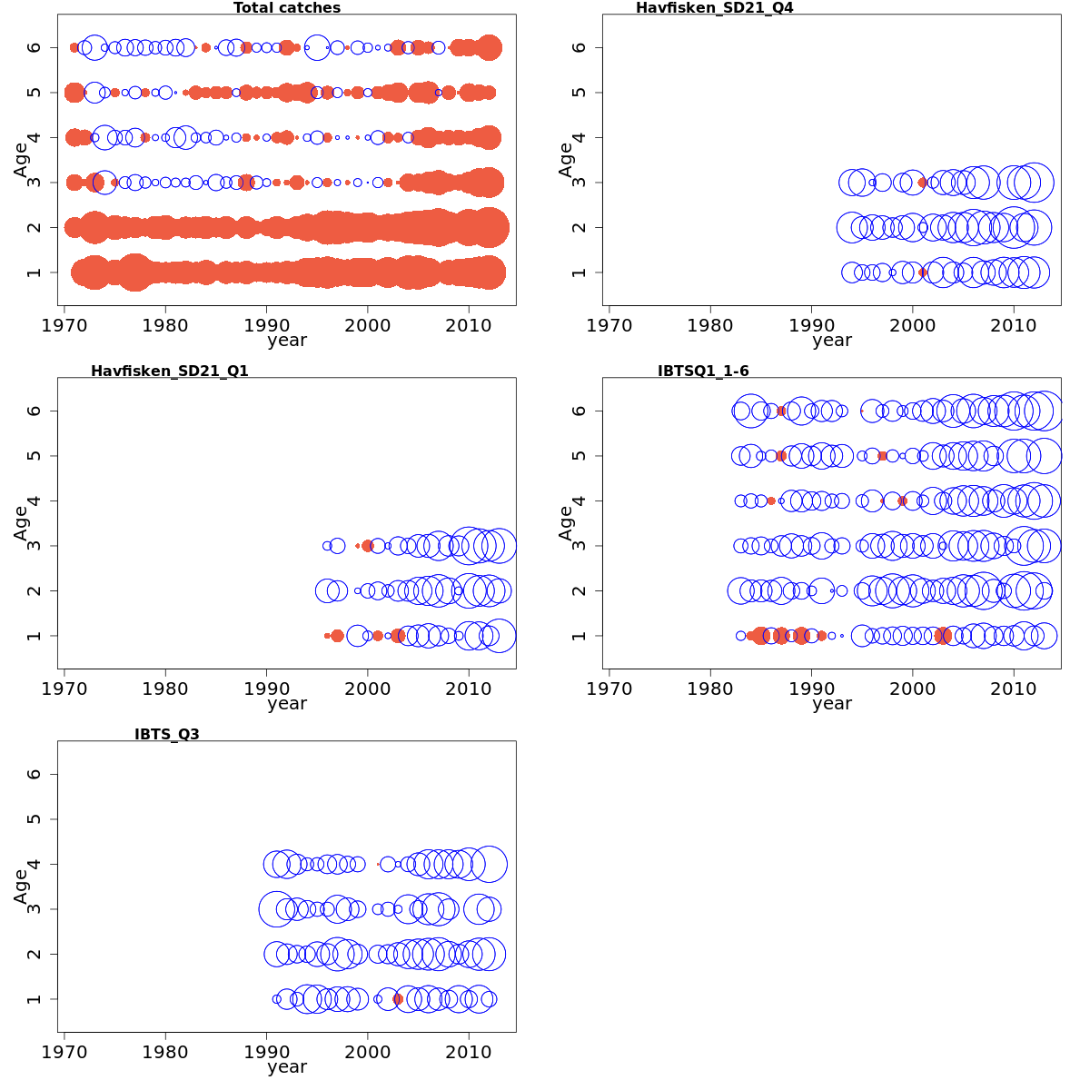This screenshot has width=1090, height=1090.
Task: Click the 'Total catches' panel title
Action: [287, 8]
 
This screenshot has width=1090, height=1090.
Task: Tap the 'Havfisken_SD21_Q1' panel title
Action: [170, 372]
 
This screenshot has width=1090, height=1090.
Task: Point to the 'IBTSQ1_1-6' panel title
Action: [703, 372]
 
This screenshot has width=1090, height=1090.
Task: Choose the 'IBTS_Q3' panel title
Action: [167, 735]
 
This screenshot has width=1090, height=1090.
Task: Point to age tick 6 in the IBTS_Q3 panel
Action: [35, 774]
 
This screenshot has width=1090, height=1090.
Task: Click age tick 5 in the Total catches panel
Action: [35, 93]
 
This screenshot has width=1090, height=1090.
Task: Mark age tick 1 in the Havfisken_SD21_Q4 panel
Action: [580, 272]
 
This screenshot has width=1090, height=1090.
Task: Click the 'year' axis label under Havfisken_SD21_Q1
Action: [287, 704]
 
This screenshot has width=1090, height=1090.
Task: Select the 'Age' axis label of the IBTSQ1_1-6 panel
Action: [566, 523]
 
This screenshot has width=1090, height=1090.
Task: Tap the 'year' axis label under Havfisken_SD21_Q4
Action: [832, 341]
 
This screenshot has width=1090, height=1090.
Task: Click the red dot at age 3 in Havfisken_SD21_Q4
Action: [923, 183]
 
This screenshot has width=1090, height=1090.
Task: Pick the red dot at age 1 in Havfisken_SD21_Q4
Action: [923, 272]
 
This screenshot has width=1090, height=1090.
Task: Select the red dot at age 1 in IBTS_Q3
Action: [398, 999]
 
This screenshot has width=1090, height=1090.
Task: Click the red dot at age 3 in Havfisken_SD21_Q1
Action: [368, 546]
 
